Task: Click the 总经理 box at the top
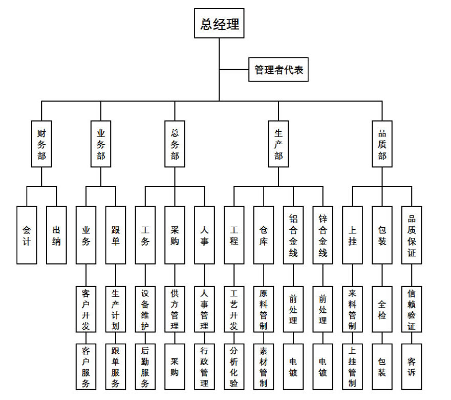pos(219,24)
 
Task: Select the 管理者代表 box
pos(278,70)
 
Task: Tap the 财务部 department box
pos(41,144)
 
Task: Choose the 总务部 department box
pos(175,144)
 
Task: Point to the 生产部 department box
pos(278,144)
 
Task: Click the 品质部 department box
pos(382,144)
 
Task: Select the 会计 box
pos(27,235)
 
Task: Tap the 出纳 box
pos(56,235)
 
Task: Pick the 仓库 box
pos(264,235)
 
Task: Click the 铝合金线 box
pos(293,235)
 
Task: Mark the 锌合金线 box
pos(323,235)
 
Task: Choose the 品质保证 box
pos(412,235)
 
